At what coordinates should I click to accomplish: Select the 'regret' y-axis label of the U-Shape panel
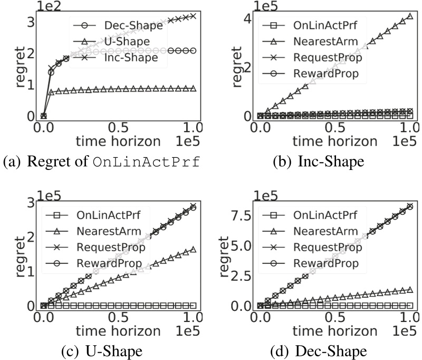[x=20, y=253]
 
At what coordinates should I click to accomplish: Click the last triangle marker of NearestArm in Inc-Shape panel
[x=410, y=17]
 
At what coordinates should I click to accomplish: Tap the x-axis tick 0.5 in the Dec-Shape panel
[x=334, y=318]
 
